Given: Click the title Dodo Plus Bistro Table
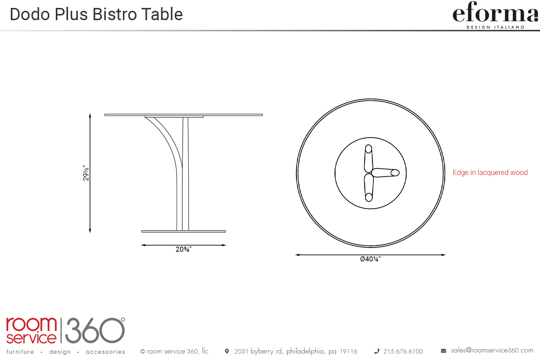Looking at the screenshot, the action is [x=96, y=14].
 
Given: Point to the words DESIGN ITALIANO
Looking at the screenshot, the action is [x=496, y=27].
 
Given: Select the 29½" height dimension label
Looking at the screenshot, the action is [x=86, y=173].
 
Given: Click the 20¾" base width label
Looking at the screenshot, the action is [x=184, y=249].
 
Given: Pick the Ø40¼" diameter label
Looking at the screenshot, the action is [x=370, y=259].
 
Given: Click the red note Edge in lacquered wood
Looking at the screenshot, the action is [x=490, y=173].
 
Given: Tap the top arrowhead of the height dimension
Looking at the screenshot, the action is [x=90, y=115].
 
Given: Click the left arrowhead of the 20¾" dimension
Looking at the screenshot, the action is [x=143, y=245].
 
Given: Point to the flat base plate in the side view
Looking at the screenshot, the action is [x=184, y=231].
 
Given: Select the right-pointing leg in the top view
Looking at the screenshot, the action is [x=385, y=173].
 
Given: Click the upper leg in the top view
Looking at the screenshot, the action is [x=368, y=159].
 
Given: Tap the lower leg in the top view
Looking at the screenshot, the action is [x=369, y=188].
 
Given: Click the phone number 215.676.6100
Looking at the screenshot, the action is [x=403, y=352].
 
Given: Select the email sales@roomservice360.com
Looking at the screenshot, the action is [x=492, y=351].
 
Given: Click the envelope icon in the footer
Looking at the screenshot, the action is [x=443, y=351].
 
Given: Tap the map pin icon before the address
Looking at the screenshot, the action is [x=227, y=351].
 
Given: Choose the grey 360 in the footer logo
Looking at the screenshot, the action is [x=95, y=330].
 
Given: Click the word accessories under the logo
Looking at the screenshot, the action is [x=105, y=352].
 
